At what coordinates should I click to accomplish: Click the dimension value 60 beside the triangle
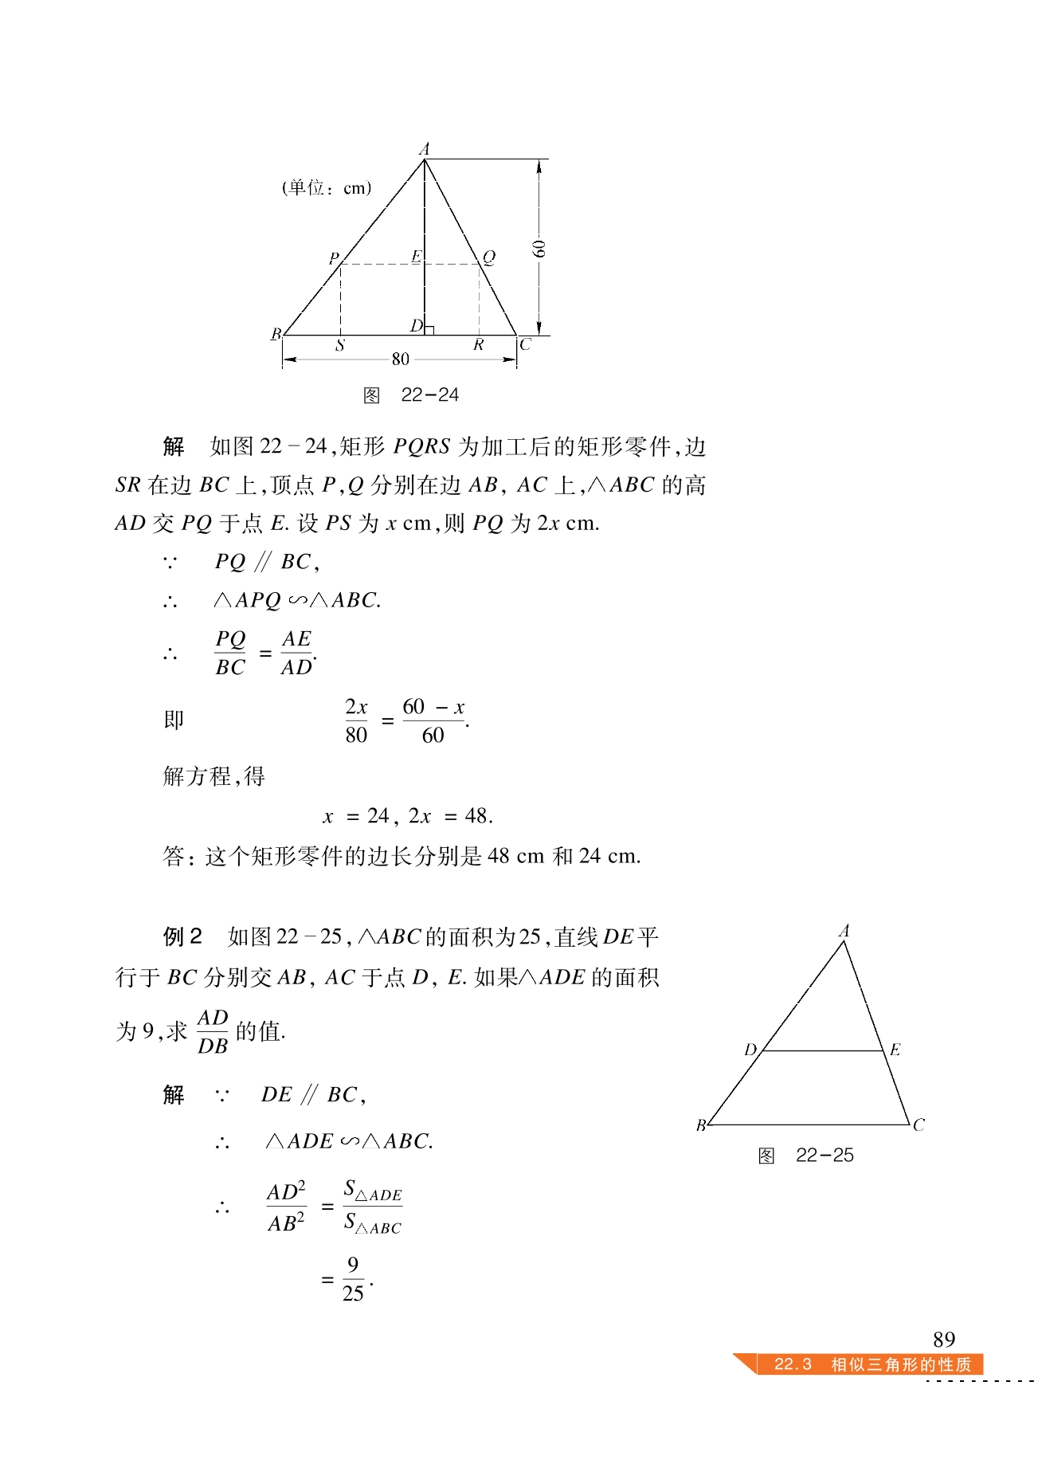pos(539,249)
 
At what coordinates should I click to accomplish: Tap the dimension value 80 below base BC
pos(400,359)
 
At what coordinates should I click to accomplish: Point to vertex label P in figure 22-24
pos(334,258)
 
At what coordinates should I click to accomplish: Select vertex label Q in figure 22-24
pos(489,257)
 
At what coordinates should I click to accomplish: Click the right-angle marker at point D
pos(429,330)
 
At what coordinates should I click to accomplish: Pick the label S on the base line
pos(340,346)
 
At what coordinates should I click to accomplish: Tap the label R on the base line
pos(478,345)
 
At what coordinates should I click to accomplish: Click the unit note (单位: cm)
pos(327,188)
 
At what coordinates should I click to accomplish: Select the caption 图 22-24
pos(411,395)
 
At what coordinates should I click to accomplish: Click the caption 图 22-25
pos(805,1156)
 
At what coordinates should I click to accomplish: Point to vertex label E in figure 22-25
pos(895,1050)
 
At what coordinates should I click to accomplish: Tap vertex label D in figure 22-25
pos(750,1050)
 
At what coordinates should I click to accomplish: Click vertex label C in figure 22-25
pos(919,1125)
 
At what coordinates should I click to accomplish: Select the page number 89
pos(943,1339)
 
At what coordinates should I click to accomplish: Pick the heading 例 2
pos(182,936)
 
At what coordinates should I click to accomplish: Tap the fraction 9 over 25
pos(353,1279)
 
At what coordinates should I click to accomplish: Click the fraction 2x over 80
pos(356,720)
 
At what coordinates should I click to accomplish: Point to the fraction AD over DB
pos(213,1031)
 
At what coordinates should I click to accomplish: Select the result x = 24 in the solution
pos(355,816)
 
